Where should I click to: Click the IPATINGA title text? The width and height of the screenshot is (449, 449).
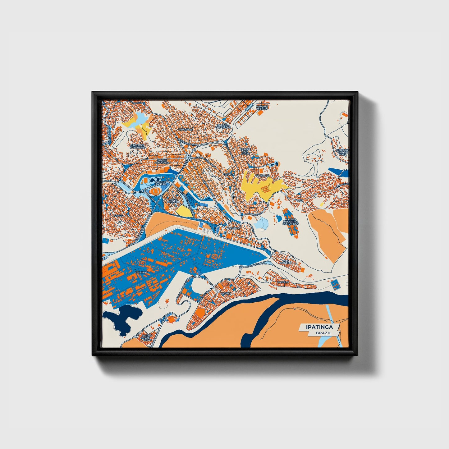pyautogui.click(x=319, y=327)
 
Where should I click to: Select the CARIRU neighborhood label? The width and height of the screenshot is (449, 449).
pyautogui.click(x=225, y=293)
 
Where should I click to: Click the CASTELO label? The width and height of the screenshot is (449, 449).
pyautogui.click(x=283, y=282)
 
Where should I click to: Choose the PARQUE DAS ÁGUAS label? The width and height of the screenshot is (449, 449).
pyautogui.click(x=245, y=151)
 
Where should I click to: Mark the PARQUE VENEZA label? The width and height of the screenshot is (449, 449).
pyautogui.click(x=262, y=107)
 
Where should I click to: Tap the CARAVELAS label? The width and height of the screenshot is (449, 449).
pyautogui.click(x=186, y=129)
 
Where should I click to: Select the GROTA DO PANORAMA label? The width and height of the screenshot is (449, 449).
pyautogui.click(x=138, y=146)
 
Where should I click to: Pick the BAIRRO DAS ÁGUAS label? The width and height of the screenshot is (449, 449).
pyautogui.click(x=147, y=337)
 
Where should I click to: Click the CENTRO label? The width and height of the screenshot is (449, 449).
pyautogui.click(x=233, y=228)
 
